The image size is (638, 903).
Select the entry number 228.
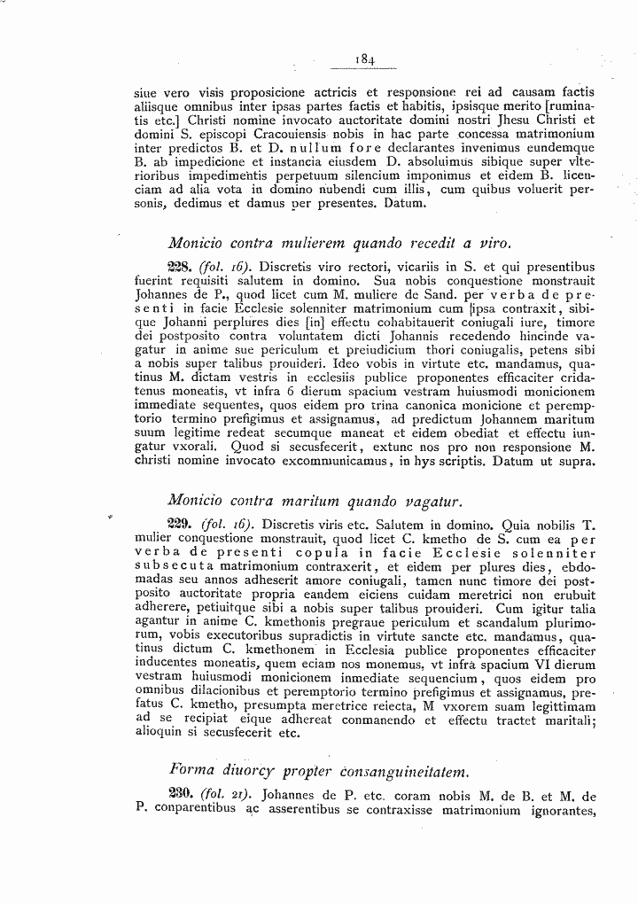(180, 266)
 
